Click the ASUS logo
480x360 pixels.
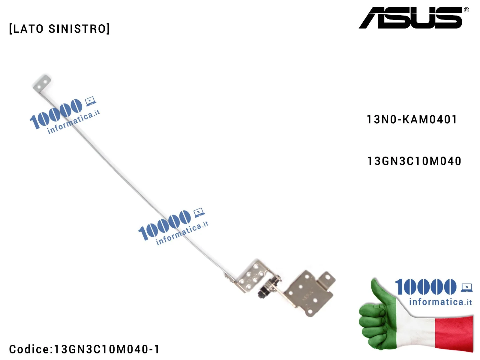[411, 18]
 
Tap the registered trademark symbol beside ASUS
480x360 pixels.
[466, 10]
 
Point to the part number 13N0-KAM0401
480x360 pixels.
[412, 120]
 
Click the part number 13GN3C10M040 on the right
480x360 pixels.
[414, 161]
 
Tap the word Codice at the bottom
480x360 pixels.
[29, 349]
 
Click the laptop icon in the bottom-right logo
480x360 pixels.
[466, 287]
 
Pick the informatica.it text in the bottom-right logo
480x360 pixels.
[440, 301]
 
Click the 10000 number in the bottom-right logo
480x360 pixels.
[425, 287]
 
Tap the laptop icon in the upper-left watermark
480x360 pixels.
[90, 101]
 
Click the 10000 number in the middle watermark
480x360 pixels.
[164, 225]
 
